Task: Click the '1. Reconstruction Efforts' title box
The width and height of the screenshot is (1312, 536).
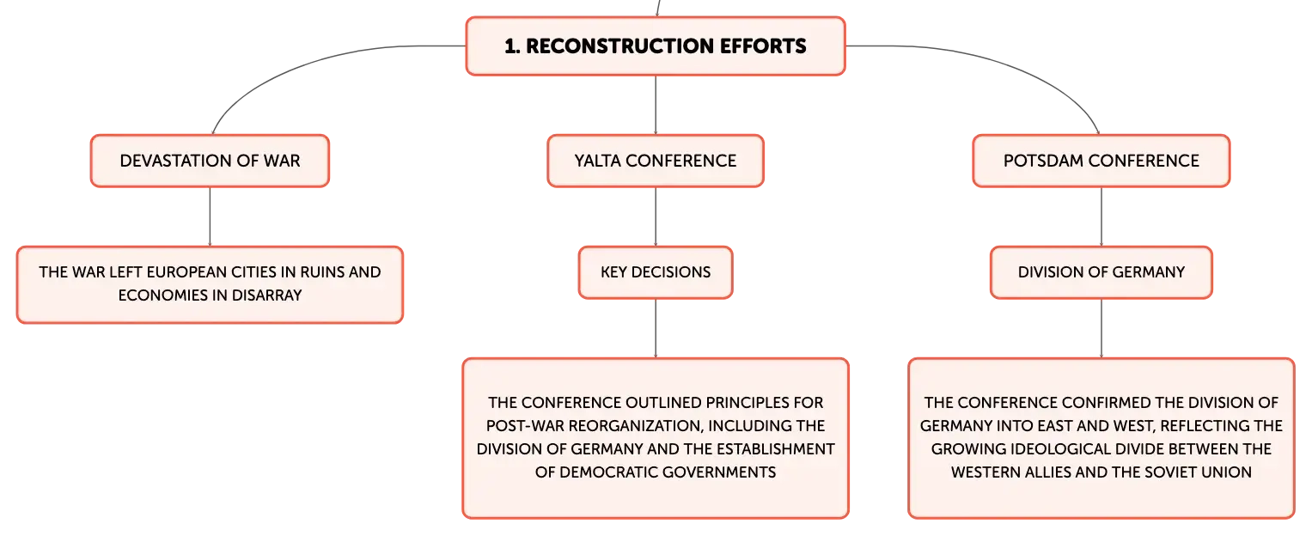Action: click(x=656, y=46)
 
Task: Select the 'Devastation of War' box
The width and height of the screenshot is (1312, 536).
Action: click(x=210, y=161)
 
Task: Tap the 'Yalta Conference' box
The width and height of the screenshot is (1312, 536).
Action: click(x=656, y=161)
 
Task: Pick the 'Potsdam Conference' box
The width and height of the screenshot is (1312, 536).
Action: click(x=1101, y=161)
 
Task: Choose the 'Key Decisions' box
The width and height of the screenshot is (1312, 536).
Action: click(x=656, y=272)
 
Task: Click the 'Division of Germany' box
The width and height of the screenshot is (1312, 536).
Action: click(x=1101, y=272)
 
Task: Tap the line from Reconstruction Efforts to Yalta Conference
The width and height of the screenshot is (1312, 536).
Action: click(x=656, y=105)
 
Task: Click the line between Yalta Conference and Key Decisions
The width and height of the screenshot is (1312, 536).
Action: click(x=656, y=216)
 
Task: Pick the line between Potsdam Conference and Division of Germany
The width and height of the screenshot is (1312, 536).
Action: click(x=1101, y=216)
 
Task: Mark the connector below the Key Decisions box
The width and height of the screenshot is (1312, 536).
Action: click(x=656, y=329)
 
